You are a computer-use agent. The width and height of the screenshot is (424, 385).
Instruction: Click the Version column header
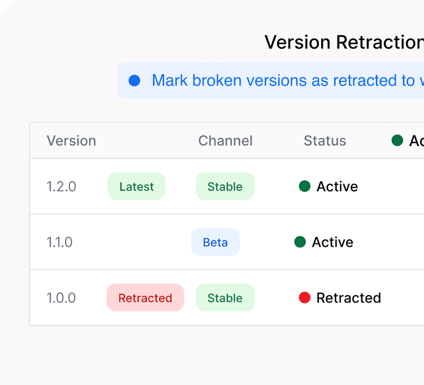click(x=71, y=140)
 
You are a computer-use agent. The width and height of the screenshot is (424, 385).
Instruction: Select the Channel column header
click(x=225, y=140)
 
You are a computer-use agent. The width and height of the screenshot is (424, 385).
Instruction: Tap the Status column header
click(x=325, y=140)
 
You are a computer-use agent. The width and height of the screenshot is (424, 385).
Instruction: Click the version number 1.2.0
click(x=61, y=186)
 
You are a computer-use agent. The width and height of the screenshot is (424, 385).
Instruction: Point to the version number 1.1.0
click(x=59, y=242)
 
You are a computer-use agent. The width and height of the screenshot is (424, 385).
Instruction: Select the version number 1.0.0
click(x=61, y=298)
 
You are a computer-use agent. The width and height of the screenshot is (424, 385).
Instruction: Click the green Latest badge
click(x=136, y=186)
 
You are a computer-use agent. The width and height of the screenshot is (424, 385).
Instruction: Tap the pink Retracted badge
click(x=145, y=298)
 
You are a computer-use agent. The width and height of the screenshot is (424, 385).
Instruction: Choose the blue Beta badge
click(x=215, y=242)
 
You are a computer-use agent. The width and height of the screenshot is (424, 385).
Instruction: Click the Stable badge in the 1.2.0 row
click(x=225, y=186)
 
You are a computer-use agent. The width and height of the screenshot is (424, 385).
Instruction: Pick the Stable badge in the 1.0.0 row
click(x=225, y=298)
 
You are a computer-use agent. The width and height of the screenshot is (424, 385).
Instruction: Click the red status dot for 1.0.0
click(x=305, y=298)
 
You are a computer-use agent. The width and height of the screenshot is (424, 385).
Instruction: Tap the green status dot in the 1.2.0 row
click(x=305, y=186)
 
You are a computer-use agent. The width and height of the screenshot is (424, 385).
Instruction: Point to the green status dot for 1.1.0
click(x=300, y=242)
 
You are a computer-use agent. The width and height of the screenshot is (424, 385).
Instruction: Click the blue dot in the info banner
click(x=135, y=80)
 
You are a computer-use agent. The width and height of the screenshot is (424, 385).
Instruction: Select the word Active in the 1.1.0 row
click(x=332, y=242)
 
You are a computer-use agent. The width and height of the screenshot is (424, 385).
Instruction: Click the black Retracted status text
click(x=348, y=298)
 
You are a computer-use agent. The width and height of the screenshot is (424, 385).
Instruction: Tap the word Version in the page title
click(x=298, y=42)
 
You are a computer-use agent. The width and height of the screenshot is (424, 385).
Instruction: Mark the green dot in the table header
click(x=397, y=140)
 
